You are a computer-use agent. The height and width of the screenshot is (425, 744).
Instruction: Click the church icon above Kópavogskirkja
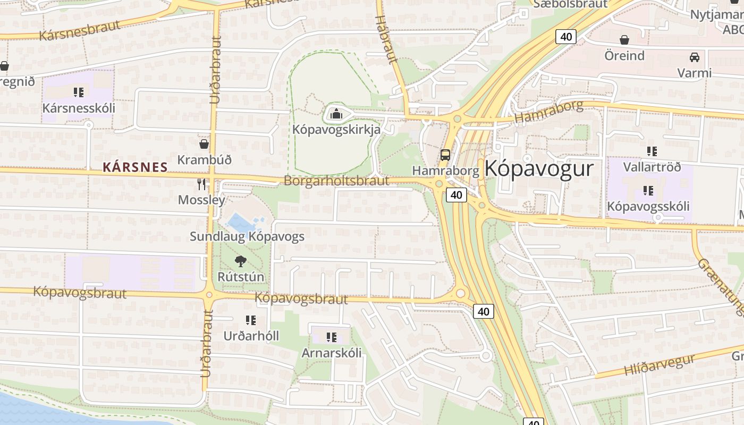tap(336, 113)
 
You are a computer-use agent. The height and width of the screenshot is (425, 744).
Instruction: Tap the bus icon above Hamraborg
tap(445, 155)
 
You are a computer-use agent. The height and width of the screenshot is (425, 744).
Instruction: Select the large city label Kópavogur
tap(538, 169)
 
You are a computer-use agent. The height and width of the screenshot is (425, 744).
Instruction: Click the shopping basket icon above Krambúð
tap(204, 143)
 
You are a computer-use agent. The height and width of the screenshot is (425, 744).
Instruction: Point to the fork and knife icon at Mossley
tap(201, 184)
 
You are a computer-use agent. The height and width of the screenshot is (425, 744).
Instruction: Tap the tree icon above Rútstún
tap(241, 261)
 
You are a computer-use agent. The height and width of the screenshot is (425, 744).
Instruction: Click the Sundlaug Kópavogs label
tap(247, 236)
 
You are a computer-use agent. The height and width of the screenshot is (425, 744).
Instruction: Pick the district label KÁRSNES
tap(135, 167)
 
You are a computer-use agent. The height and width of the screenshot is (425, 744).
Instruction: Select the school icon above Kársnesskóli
tap(79, 92)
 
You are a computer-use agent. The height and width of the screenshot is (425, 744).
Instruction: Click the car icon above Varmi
tap(694, 57)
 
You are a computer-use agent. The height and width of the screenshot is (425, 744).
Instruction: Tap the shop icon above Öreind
tap(624, 40)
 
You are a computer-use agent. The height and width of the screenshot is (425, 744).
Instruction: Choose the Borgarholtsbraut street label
tap(336, 181)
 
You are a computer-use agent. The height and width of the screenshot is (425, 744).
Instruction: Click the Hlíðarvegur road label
tap(659, 365)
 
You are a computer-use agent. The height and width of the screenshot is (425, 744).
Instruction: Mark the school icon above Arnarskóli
tap(332, 337)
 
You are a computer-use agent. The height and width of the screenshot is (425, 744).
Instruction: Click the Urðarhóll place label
tap(251, 336)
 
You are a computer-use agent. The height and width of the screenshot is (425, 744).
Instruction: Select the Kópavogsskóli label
tap(648, 206)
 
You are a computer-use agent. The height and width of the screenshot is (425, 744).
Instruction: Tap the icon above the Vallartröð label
tap(652, 151)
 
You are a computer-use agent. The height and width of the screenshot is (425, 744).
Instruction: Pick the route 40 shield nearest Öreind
tap(566, 37)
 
